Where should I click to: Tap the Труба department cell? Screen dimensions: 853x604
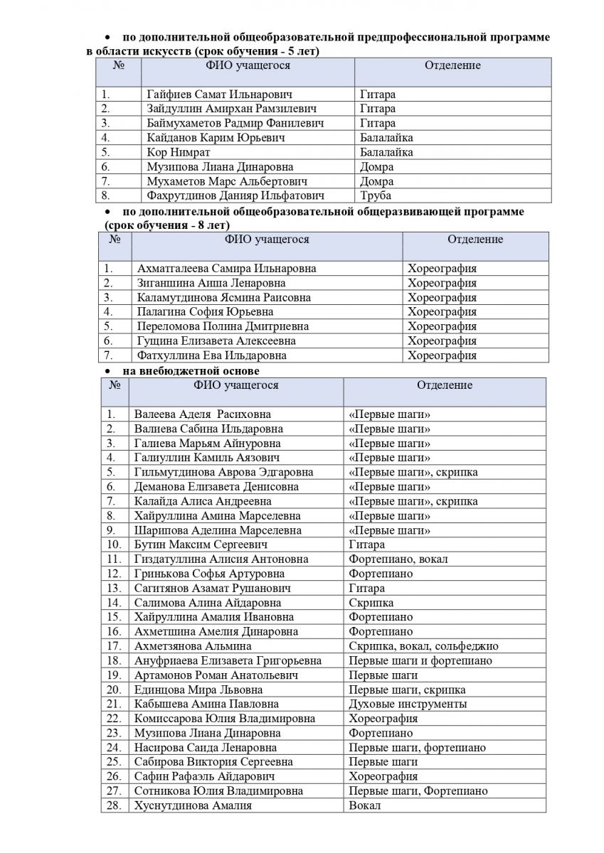tap(376, 195)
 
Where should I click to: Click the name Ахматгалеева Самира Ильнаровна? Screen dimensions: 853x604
tap(226, 269)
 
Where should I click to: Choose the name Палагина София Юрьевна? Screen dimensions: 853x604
tap(205, 312)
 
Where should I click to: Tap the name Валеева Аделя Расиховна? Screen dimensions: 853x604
tap(202, 414)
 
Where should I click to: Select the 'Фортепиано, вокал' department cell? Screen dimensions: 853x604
tap(398, 559)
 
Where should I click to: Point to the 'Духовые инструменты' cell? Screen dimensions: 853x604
tap(408, 704)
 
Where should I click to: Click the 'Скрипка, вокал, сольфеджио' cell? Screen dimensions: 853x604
tap(423, 646)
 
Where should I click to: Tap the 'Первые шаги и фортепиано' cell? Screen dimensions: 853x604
tap(420, 660)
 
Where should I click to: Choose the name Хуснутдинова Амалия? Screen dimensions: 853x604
tap(193, 805)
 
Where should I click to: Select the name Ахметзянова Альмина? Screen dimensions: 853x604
tap(193, 646)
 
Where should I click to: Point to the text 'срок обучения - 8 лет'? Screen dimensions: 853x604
tap(165, 225)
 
